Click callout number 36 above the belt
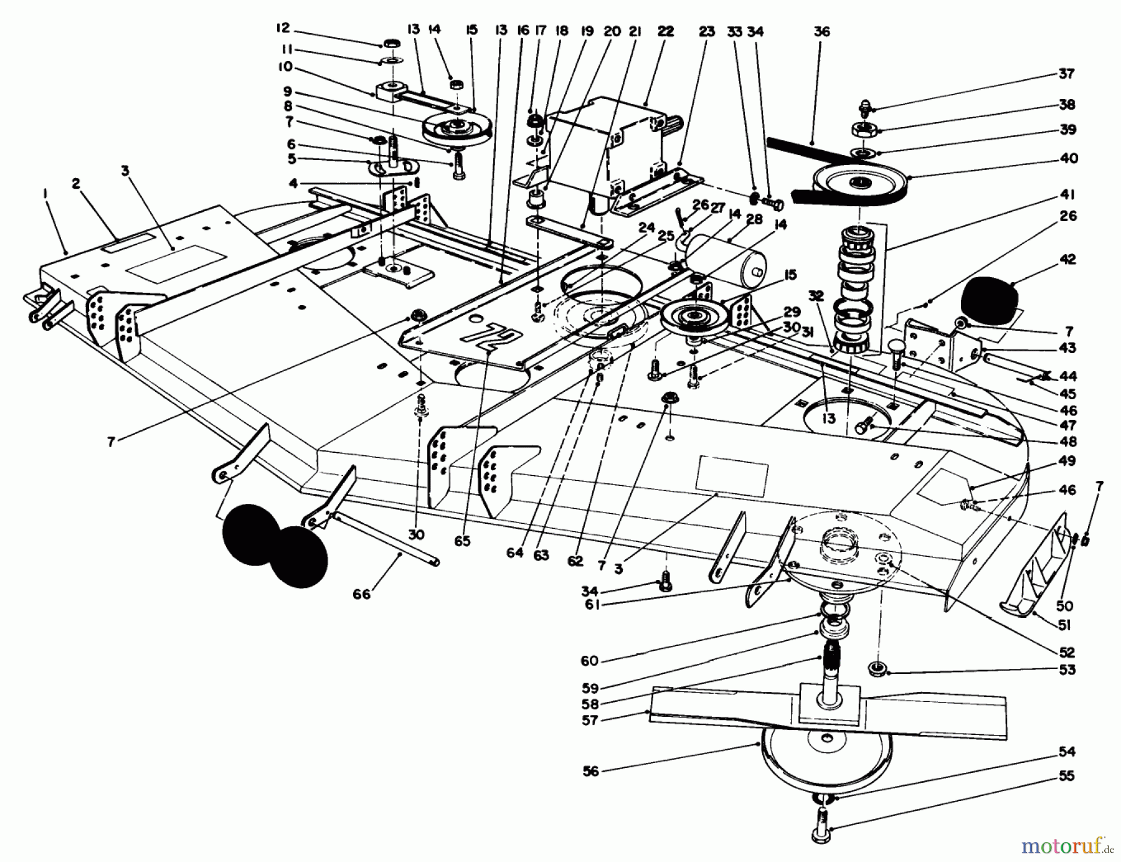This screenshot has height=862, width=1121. point(821,31)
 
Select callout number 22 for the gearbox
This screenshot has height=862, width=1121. point(665,31)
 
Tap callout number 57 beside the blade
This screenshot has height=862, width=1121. point(590,720)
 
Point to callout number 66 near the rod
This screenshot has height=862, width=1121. point(361,594)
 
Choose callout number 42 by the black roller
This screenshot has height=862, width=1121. point(1067,259)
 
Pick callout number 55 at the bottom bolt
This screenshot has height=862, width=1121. point(1067,776)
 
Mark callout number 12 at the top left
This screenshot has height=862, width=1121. point(283,28)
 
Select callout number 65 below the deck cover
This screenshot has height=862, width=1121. point(463,541)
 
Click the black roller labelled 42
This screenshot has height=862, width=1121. point(990,299)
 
